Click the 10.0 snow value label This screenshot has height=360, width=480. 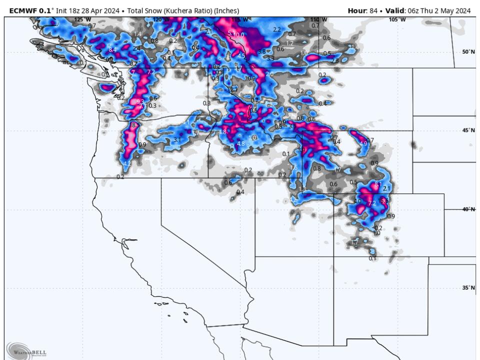[x=239, y=35]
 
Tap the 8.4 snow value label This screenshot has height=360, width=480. [x=112, y=49]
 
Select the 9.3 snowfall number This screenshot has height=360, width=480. [x=140, y=101]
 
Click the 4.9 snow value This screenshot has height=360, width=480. [x=363, y=143]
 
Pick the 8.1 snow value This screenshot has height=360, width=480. [x=377, y=184]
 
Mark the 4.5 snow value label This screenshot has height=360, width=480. [x=241, y=56]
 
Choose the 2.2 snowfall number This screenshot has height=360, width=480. [x=277, y=29]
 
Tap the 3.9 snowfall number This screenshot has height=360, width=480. [x=301, y=150]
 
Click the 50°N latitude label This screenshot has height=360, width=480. [x=468, y=51]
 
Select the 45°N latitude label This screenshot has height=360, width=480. [x=468, y=130]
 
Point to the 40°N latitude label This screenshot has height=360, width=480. [x=468, y=209]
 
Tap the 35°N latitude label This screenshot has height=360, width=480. [x=468, y=288]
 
